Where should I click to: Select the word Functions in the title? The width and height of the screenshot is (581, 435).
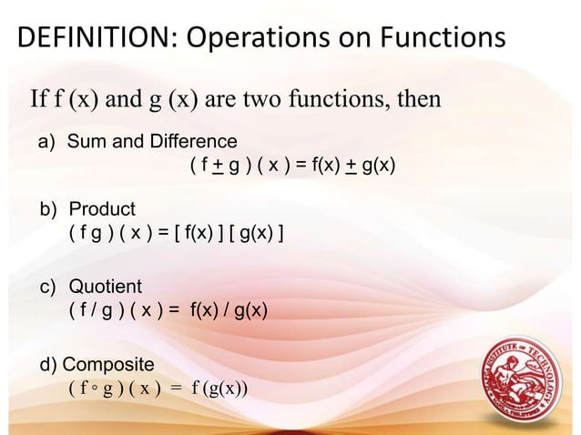[433, 37]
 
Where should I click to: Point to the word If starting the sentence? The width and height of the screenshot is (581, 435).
[42, 98]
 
